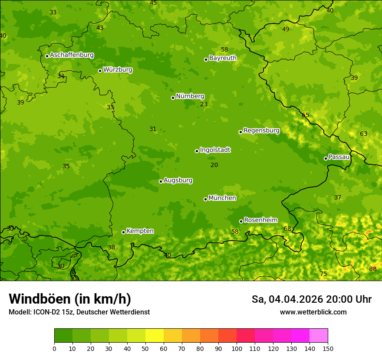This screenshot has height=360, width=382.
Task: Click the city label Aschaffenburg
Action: pyautogui.click(x=72, y=55)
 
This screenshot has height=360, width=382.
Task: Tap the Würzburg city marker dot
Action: pyautogui.click(x=100, y=71)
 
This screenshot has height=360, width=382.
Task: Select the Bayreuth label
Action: pyautogui.click(x=223, y=58)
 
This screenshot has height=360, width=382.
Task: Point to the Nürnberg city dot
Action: pyautogui.click(x=173, y=98)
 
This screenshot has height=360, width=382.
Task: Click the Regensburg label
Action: pyautogui.click(x=261, y=131)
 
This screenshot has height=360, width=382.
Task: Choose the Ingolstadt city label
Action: pyautogui.click(x=215, y=150)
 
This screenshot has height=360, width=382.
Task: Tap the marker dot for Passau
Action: pyautogui.click(x=326, y=158)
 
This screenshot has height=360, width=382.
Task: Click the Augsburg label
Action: pyautogui.click(x=178, y=180)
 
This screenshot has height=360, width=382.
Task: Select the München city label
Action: pyautogui.click(x=222, y=198)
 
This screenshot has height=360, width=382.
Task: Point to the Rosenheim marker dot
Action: pyautogui.click(x=241, y=221)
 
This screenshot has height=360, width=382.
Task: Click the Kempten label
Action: pyautogui.click(x=140, y=231)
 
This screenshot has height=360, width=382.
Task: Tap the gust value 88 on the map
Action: pyautogui.click(x=373, y=269)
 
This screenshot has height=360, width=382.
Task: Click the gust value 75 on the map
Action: pyautogui.click(x=323, y=274)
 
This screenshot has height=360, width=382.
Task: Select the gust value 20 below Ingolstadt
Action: pyautogui.click(x=214, y=165)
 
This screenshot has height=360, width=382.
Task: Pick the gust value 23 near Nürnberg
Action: pyautogui.click(x=204, y=105)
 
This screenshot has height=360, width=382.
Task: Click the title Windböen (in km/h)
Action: pyautogui.click(x=70, y=299)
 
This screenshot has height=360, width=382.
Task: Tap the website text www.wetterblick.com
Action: pyautogui.click(x=313, y=312)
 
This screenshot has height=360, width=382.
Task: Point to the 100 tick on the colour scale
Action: pyautogui.click(x=237, y=348)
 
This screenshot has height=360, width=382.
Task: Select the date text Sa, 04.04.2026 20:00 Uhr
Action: pyautogui.click(x=311, y=299)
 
